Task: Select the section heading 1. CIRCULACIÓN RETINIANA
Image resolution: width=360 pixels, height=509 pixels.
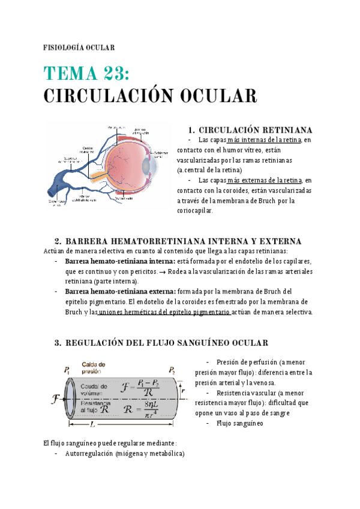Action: tap(250, 130)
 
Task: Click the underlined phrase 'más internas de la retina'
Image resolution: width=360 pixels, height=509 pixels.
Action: tap(264, 140)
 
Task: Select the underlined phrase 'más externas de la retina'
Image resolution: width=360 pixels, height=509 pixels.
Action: tap(264, 180)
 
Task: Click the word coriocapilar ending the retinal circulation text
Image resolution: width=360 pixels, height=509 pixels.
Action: tap(195, 211)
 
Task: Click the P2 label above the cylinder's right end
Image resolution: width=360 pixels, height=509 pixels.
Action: tap(172, 369)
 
